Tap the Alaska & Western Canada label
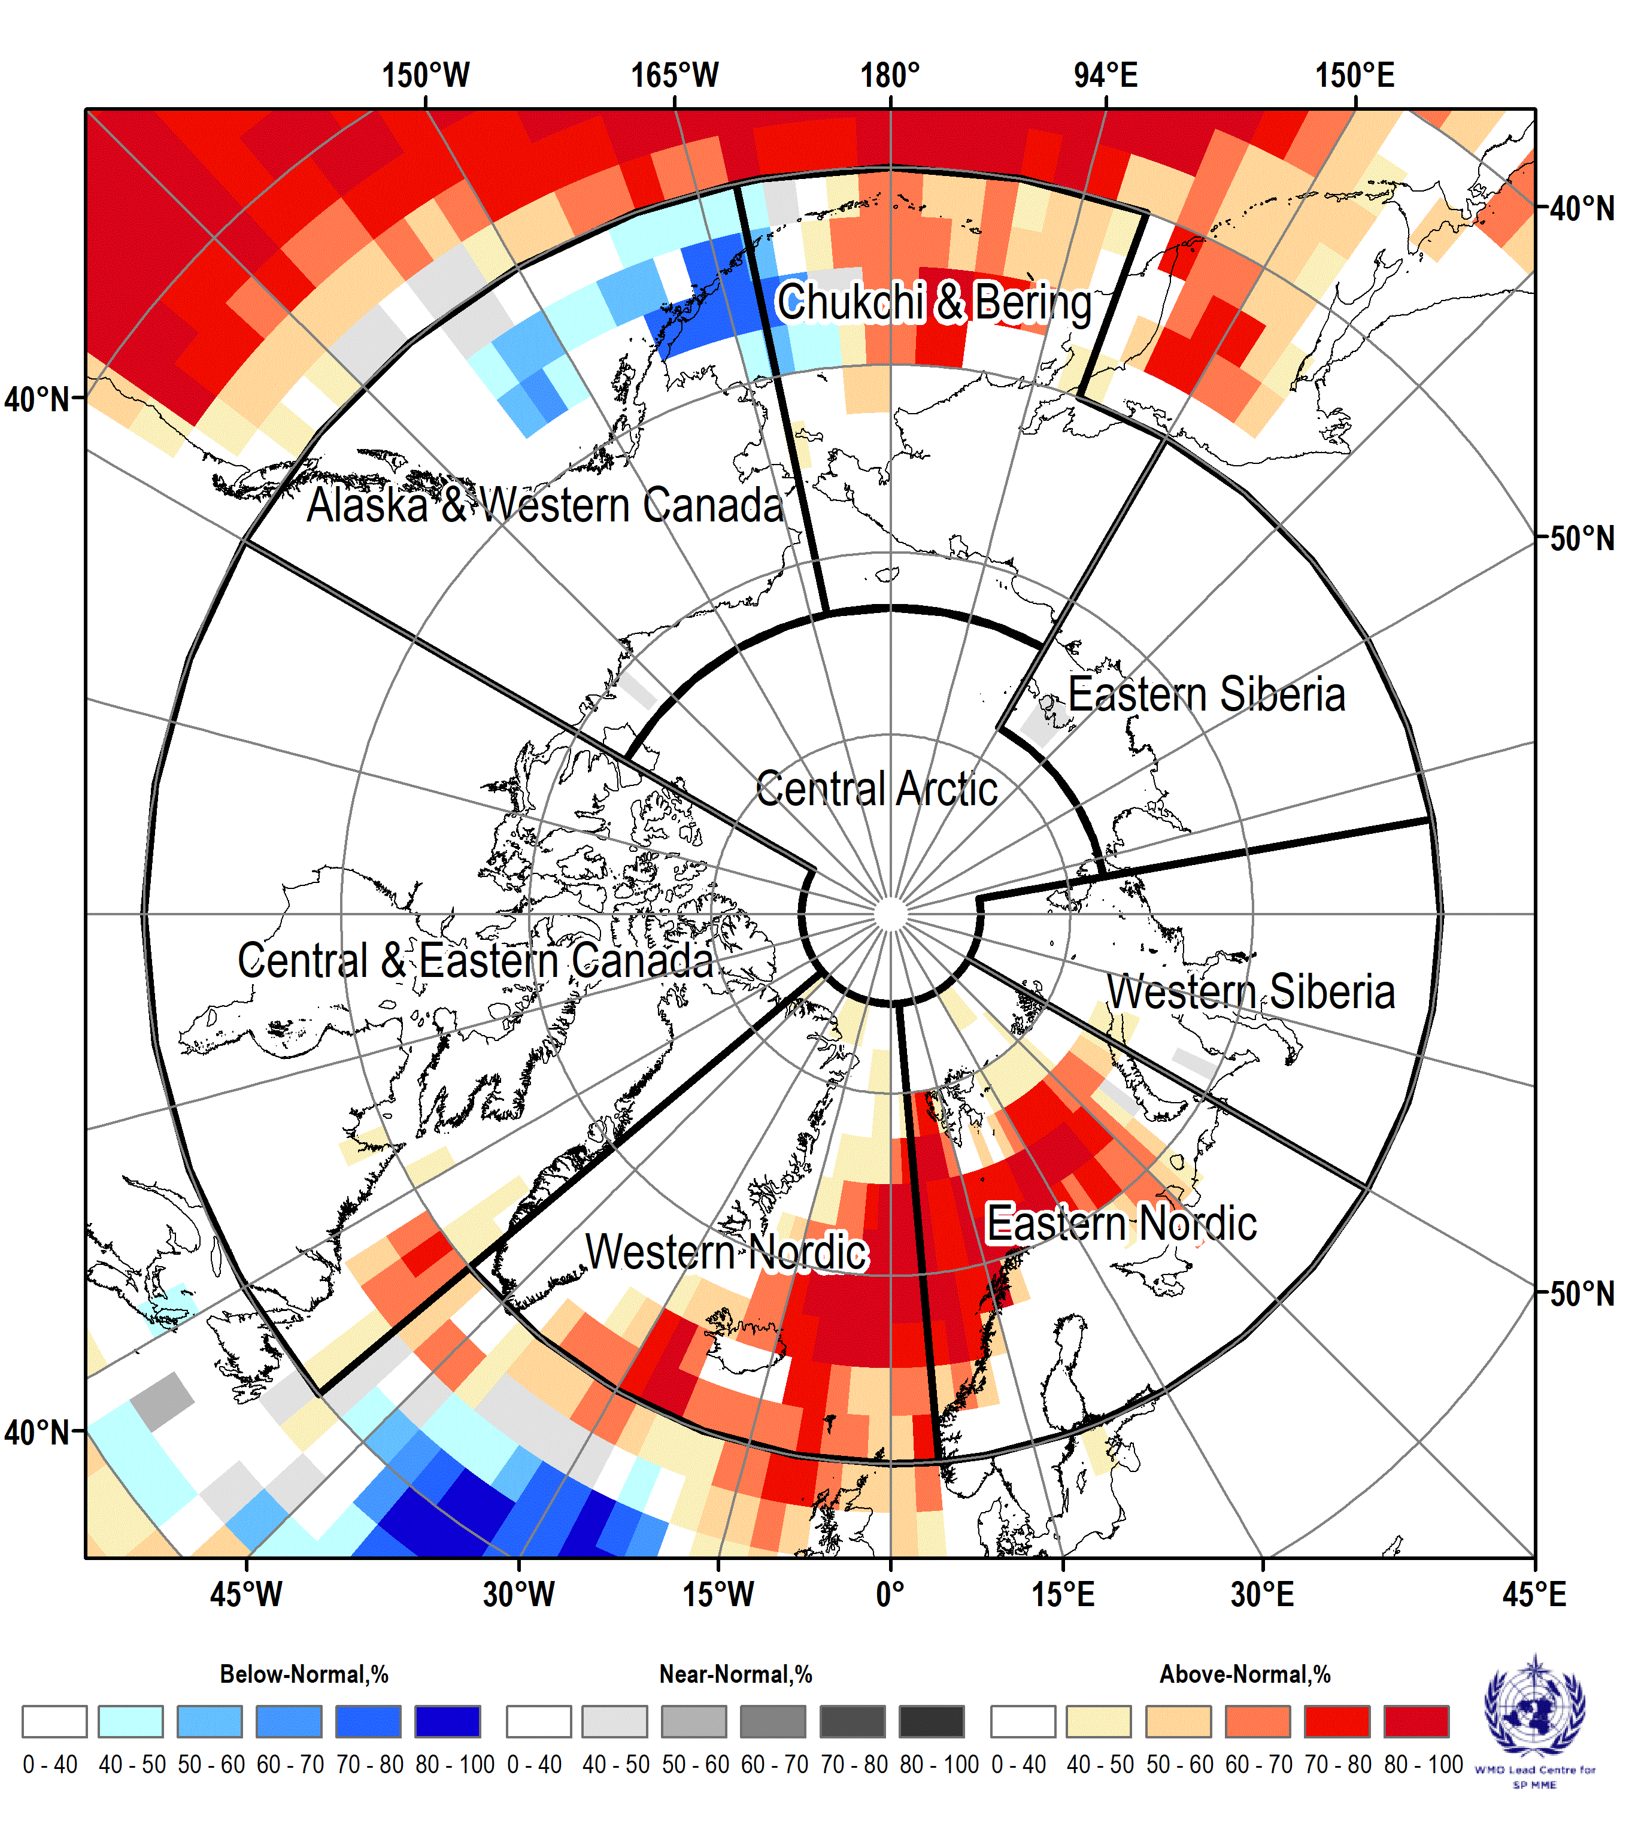545,505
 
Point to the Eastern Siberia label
1207,694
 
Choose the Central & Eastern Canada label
475,960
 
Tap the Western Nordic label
726,1252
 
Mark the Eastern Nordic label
1121,1224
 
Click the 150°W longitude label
426,75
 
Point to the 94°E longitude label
1106,75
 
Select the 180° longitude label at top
890,75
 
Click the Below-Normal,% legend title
304,1674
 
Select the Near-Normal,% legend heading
736,1674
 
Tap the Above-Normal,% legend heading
1245,1674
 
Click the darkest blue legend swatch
447,1721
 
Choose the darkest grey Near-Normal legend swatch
932,1721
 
